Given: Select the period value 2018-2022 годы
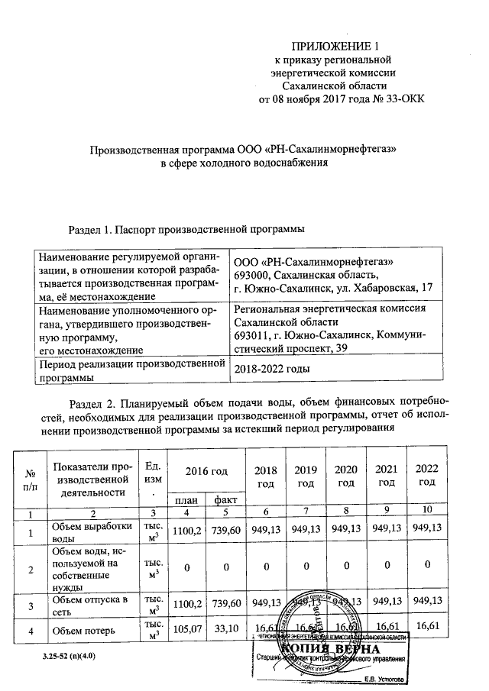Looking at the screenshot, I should tap(274, 369).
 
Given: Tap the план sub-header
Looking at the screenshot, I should tap(185, 499).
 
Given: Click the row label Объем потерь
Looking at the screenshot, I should tap(84, 631).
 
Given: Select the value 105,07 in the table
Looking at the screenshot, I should tap(185, 631).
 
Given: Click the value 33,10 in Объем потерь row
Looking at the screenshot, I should tap(225, 631).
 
